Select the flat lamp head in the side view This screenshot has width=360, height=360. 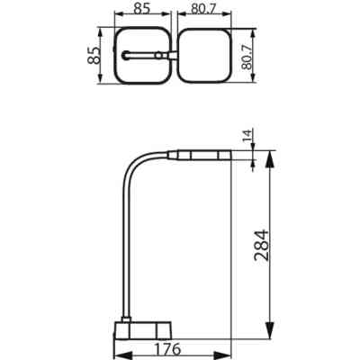pos(202,155)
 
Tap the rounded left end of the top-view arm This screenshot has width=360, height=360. pos(124,56)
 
